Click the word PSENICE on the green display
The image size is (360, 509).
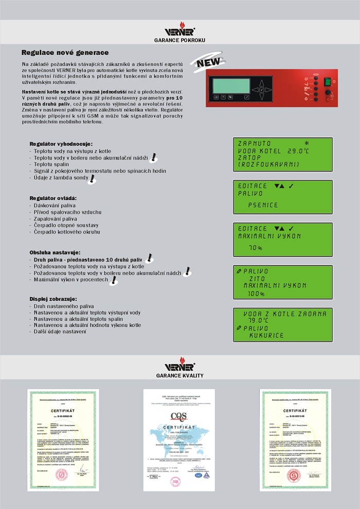tap(263, 205)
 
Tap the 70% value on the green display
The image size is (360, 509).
tap(256, 248)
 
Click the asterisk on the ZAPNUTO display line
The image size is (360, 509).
tap(307, 143)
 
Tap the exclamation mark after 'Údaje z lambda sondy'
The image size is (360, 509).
tap(92, 178)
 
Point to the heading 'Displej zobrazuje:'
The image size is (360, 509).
tap(53, 299)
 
